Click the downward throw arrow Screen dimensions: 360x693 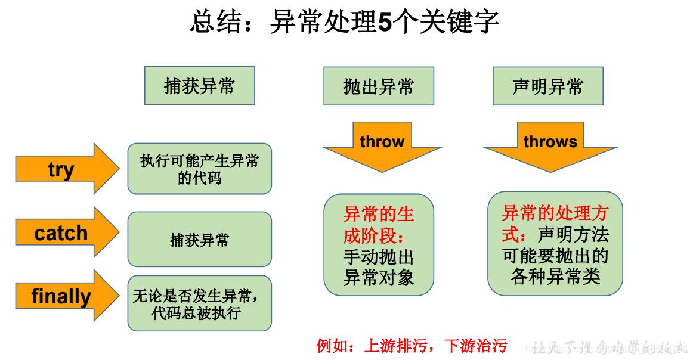point(382,145)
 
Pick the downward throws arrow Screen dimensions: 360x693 point(550,145)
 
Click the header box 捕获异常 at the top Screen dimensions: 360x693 point(199,86)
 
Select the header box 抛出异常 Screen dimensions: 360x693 point(379,86)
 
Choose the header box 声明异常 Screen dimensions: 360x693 point(547,86)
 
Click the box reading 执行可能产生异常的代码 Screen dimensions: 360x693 point(199,169)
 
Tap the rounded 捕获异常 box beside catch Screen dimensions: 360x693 point(199,240)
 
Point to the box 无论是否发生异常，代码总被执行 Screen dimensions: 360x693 point(199,303)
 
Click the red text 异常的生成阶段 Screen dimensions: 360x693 point(378,225)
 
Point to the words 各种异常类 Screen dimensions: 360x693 point(555,277)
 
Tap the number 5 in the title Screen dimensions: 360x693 point(385,23)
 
